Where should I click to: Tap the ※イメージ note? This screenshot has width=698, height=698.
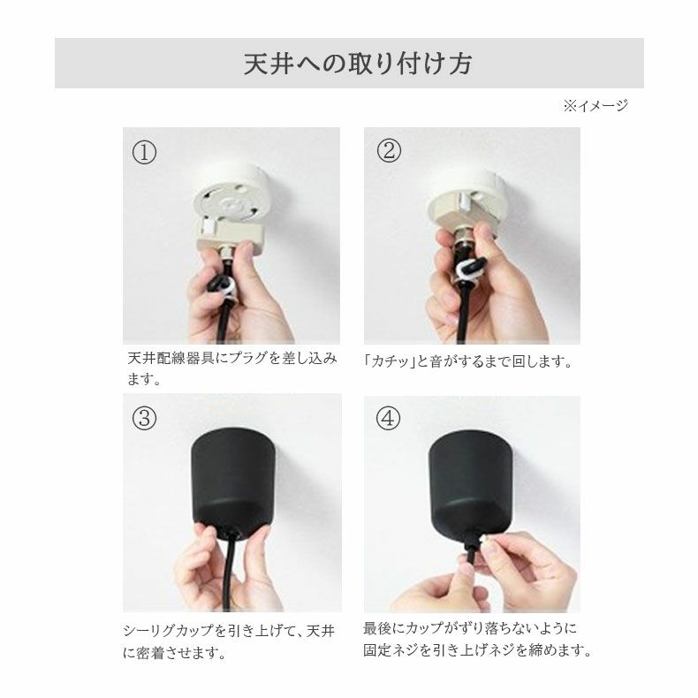click(595, 106)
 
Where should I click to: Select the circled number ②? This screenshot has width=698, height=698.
click(388, 150)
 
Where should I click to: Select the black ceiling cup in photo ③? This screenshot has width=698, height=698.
click(232, 477)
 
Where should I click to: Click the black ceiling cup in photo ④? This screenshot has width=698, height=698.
click(469, 477)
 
